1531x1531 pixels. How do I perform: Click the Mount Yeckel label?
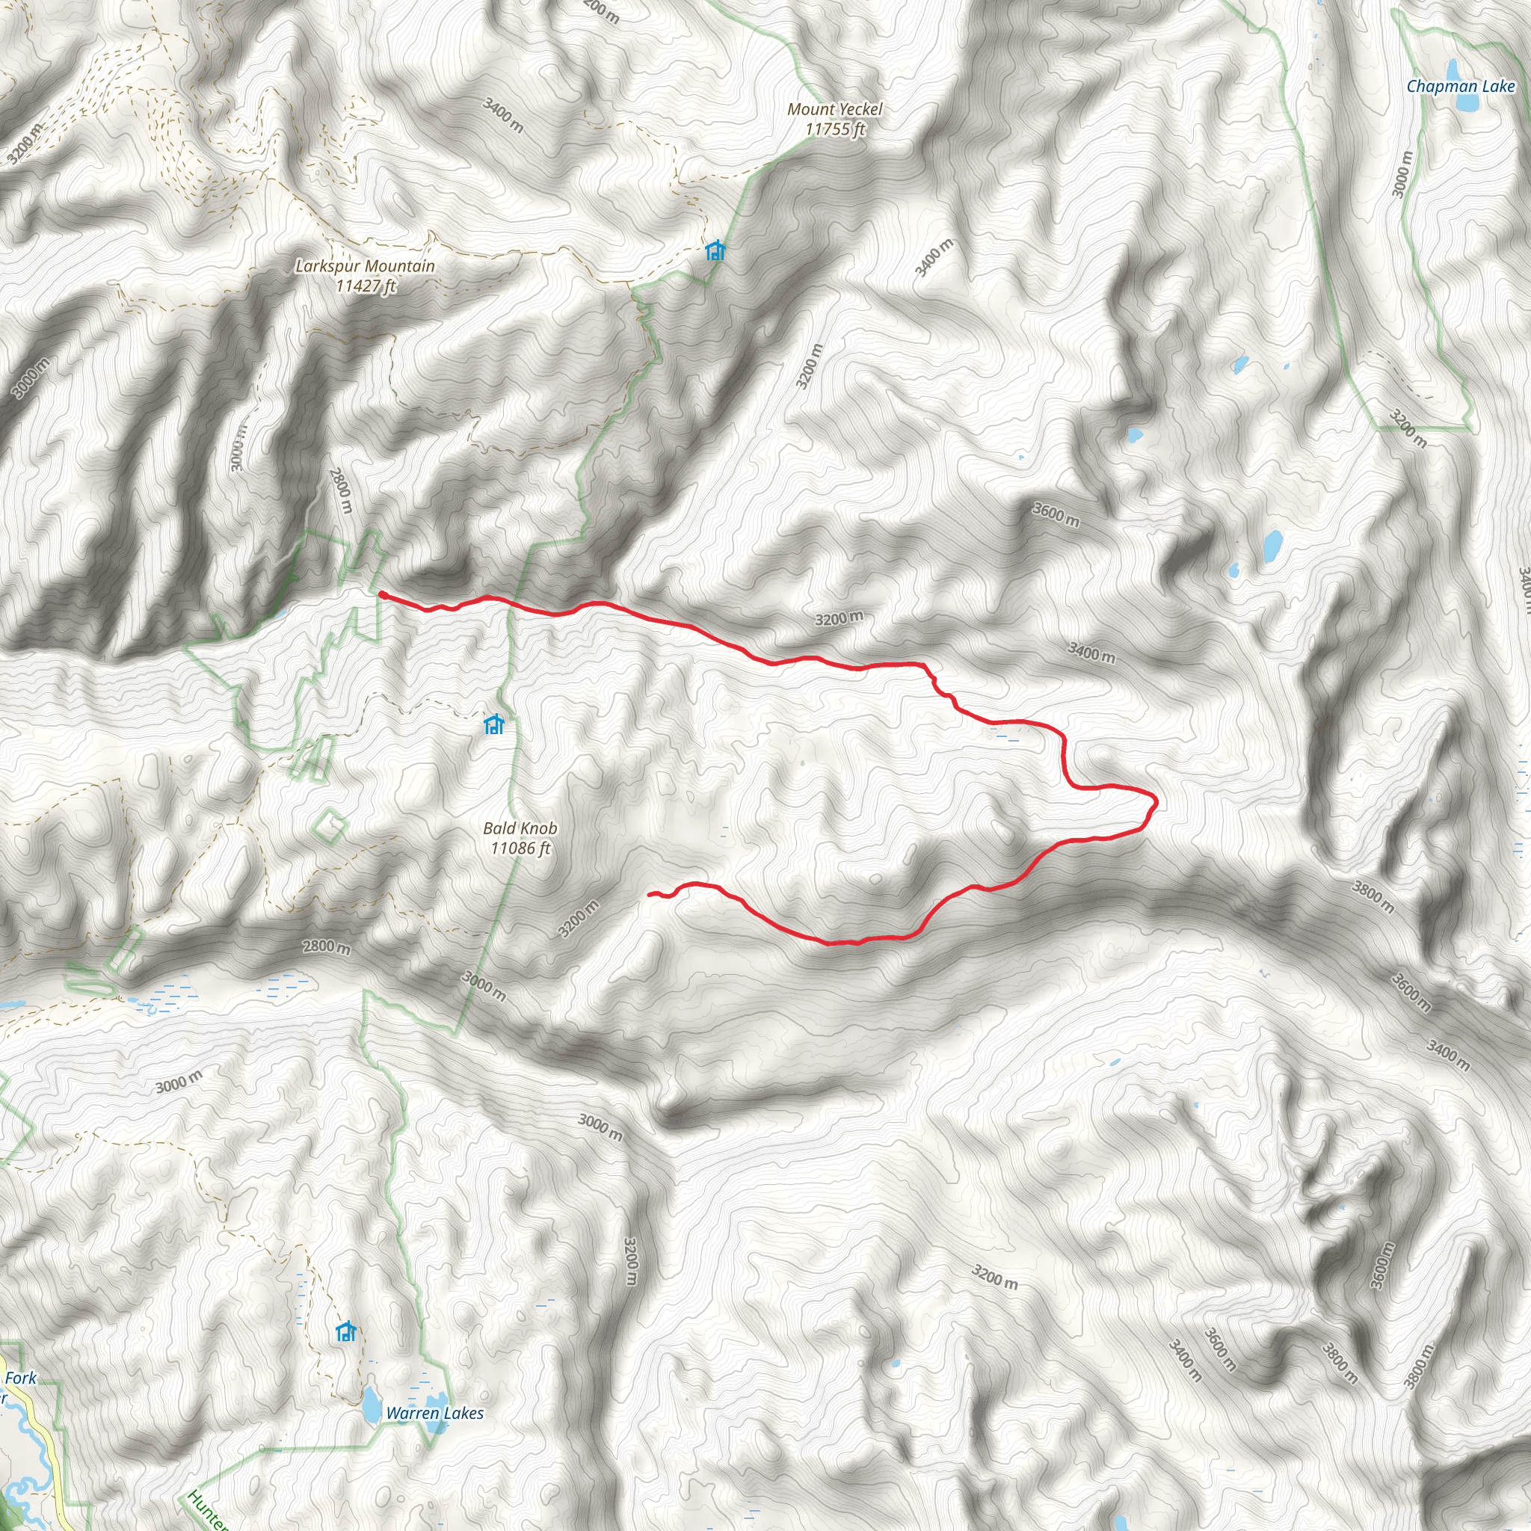[x=834, y=109]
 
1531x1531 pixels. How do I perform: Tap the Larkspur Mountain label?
[x=365, y=266]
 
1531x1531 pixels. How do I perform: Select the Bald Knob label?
[x=520, y=828]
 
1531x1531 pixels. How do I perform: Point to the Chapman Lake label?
[x=1461, y=87]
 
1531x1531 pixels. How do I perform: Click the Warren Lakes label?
[x=434, y=1413]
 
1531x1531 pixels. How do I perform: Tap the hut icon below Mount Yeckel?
[x=715, y=251]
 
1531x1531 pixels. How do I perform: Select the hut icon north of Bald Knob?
[x=493, y=724]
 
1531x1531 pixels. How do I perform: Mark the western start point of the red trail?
[x=382, y=593]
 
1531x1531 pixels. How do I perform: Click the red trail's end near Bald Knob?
[x=650, y=894]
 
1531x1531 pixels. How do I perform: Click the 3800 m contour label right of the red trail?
[x=1373, y=897]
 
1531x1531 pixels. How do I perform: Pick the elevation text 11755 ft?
[x=834, y=129]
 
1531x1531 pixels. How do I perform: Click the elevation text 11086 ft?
[x=520, y=848]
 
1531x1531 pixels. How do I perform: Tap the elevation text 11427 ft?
[x=366, y=286]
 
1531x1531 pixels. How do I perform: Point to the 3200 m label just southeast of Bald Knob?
[x=579, y=919]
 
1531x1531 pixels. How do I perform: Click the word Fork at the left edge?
[x=21, y=1378]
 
